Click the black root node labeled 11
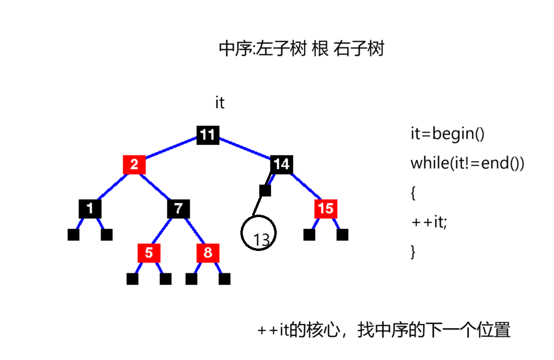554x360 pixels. (207, 135)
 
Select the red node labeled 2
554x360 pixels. (134, 165)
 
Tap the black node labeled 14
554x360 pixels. (282, 165)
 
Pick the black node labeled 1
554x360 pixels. (90, 209)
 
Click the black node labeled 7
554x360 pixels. (178, 209)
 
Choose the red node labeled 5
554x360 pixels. (149, 253)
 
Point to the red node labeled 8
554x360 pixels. (207, 253)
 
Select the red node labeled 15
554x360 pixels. (325, 209)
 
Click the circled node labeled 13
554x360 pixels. (259, 234)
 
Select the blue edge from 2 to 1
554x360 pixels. (112, 187)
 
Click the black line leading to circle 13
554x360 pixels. (259, 206)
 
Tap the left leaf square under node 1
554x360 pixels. (73, 235)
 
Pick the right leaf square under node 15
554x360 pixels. (343, 235)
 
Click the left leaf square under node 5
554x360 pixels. (132, 279)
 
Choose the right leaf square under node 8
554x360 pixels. (225, 279)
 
